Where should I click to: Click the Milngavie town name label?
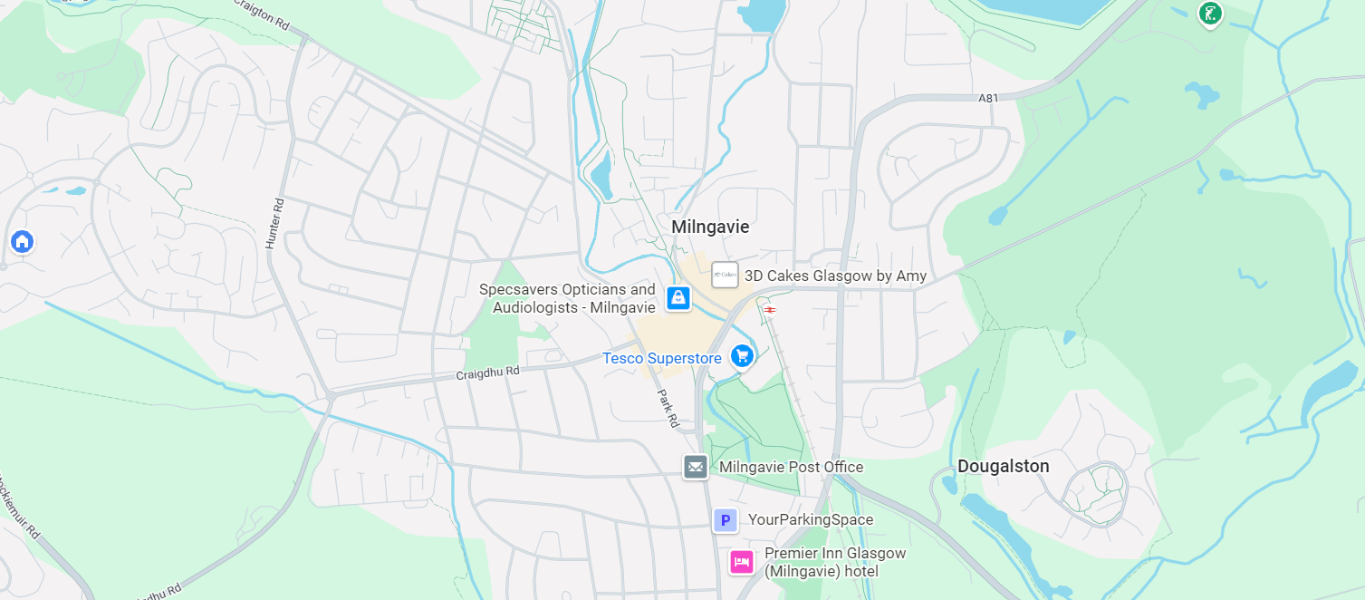click(x=710, y=227)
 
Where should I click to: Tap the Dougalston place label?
click(x=1003, y=467)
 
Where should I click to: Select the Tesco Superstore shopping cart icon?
click(x=742, y=356)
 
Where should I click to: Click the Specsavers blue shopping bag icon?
click(x=678, y=297)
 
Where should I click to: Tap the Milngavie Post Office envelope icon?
click(x=696, y=467)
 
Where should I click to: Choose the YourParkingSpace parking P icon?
click(x=725, y=520)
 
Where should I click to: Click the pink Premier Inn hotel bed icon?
click(x=742, y=562)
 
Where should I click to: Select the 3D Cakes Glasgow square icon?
click(x=725, y=275)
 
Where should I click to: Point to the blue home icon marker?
click(x=22, y=241)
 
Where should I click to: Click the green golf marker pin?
click(x=1209, y=14)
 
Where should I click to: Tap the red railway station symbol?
click(x=769, y=310)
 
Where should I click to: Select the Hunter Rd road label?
click(x=274, y=224)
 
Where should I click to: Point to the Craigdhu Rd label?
click(x=488, y=372)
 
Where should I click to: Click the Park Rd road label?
click(x=668, y=409)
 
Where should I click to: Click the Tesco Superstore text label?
click(x=662, y=359)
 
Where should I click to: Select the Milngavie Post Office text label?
click(x=791, y=468)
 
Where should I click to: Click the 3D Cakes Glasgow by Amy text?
click(x=835, y=276)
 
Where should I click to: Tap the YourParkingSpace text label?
click(x=810, y=520)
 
